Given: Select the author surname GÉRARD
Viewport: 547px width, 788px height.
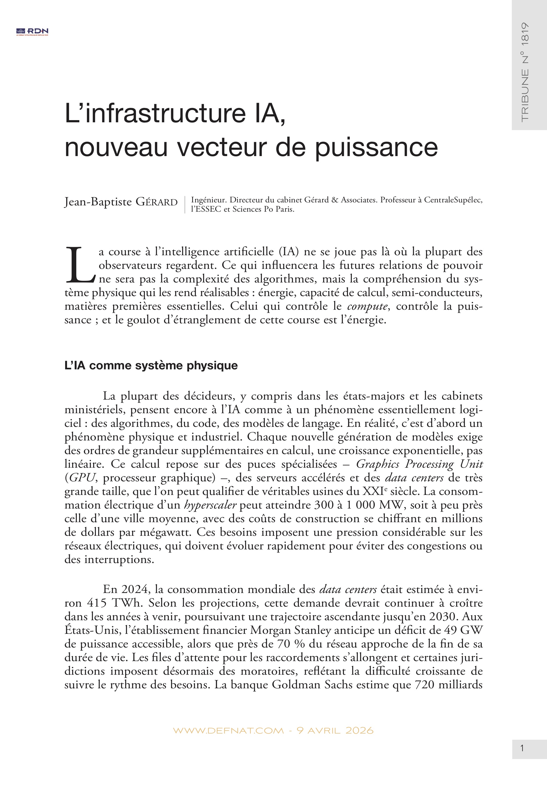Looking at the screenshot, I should pos(157,202).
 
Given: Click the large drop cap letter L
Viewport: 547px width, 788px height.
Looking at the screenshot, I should pos(80,265).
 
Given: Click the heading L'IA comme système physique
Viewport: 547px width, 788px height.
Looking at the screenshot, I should pos(151,366).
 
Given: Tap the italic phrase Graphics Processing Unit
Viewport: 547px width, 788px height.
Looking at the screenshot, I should pos(419,464).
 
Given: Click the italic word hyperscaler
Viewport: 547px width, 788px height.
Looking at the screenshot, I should pos(210,505).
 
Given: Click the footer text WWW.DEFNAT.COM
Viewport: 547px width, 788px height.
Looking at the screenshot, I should pos(229,731).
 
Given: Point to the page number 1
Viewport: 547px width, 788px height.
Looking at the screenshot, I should pos(522,748).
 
